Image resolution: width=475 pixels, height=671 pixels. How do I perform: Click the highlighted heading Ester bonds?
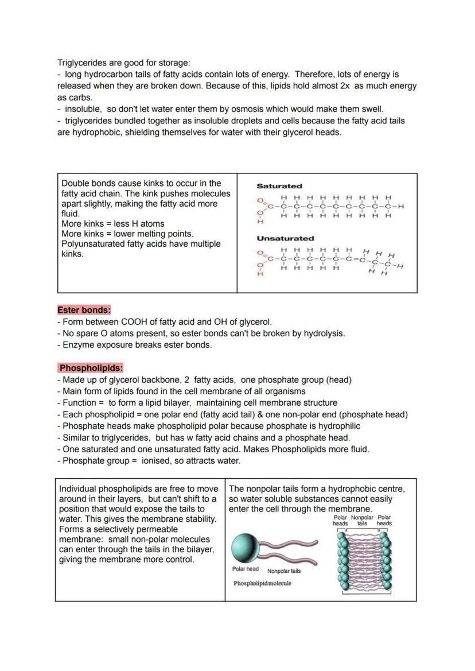pyautogui.click(x=84, y=310)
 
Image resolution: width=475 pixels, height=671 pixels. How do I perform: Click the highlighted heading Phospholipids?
pyautogui.click(x=91, y=368)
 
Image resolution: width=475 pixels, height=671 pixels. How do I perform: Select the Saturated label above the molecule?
pyautogui.click(x=279, y=186)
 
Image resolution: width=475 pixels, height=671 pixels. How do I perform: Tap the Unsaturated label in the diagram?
pyautogui.click(x=285, y=238)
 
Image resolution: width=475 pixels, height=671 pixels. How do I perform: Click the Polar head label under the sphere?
pyautogui.click(x=245, y=569)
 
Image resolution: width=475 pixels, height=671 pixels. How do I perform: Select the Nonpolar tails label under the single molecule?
pyautogui.click(x=283, y=571)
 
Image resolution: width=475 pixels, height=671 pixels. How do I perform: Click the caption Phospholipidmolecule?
pyautogui.click(x=262, y=583)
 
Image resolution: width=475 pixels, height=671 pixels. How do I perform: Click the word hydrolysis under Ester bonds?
pyautogui.click(x=323, y=333)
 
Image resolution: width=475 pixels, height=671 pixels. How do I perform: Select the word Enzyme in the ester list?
pyautogui.click(x=77, y=345)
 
